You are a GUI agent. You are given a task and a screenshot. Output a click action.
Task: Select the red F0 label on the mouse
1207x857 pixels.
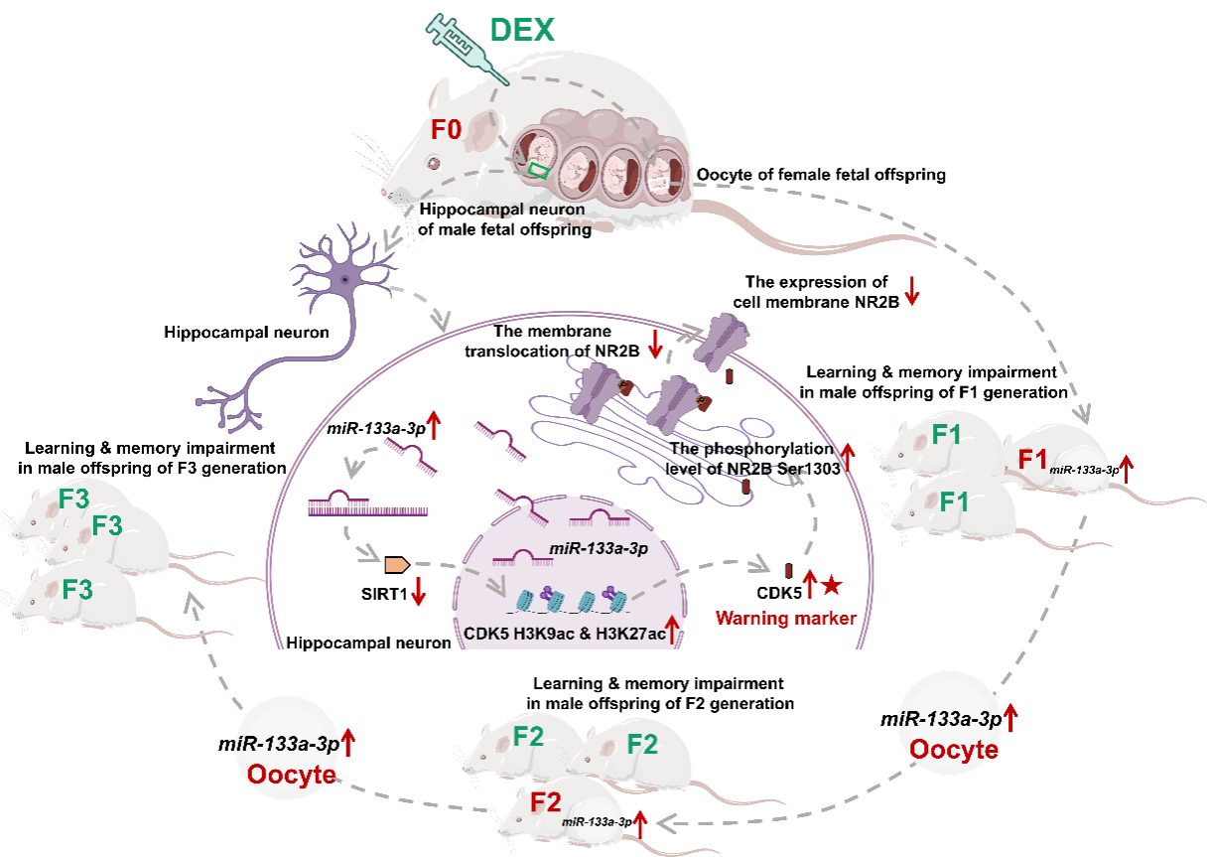click(x=446, y=130)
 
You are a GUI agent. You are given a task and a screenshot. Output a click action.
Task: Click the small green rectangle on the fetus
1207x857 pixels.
click(x=538, y=170)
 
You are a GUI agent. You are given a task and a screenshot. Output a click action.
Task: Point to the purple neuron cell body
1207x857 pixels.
click(x=341, y=280)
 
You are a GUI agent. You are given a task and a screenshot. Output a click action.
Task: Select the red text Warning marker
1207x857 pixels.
click(x=785, y=619)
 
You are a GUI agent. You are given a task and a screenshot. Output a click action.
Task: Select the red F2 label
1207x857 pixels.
click(x=545, y=801)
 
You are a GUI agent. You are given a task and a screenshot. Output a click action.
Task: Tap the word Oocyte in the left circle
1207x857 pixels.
click(x=291, y=774)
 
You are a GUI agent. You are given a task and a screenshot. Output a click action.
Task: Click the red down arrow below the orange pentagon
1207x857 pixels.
click(x=418, y=593)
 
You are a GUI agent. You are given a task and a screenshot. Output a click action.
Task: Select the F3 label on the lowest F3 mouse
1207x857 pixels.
click(x=77, y=589)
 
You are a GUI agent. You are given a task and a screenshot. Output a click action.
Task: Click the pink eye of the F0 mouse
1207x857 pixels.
click(x=433, y=163)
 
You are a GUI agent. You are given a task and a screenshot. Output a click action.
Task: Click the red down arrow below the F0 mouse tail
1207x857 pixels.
click(x=912, y=290)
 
